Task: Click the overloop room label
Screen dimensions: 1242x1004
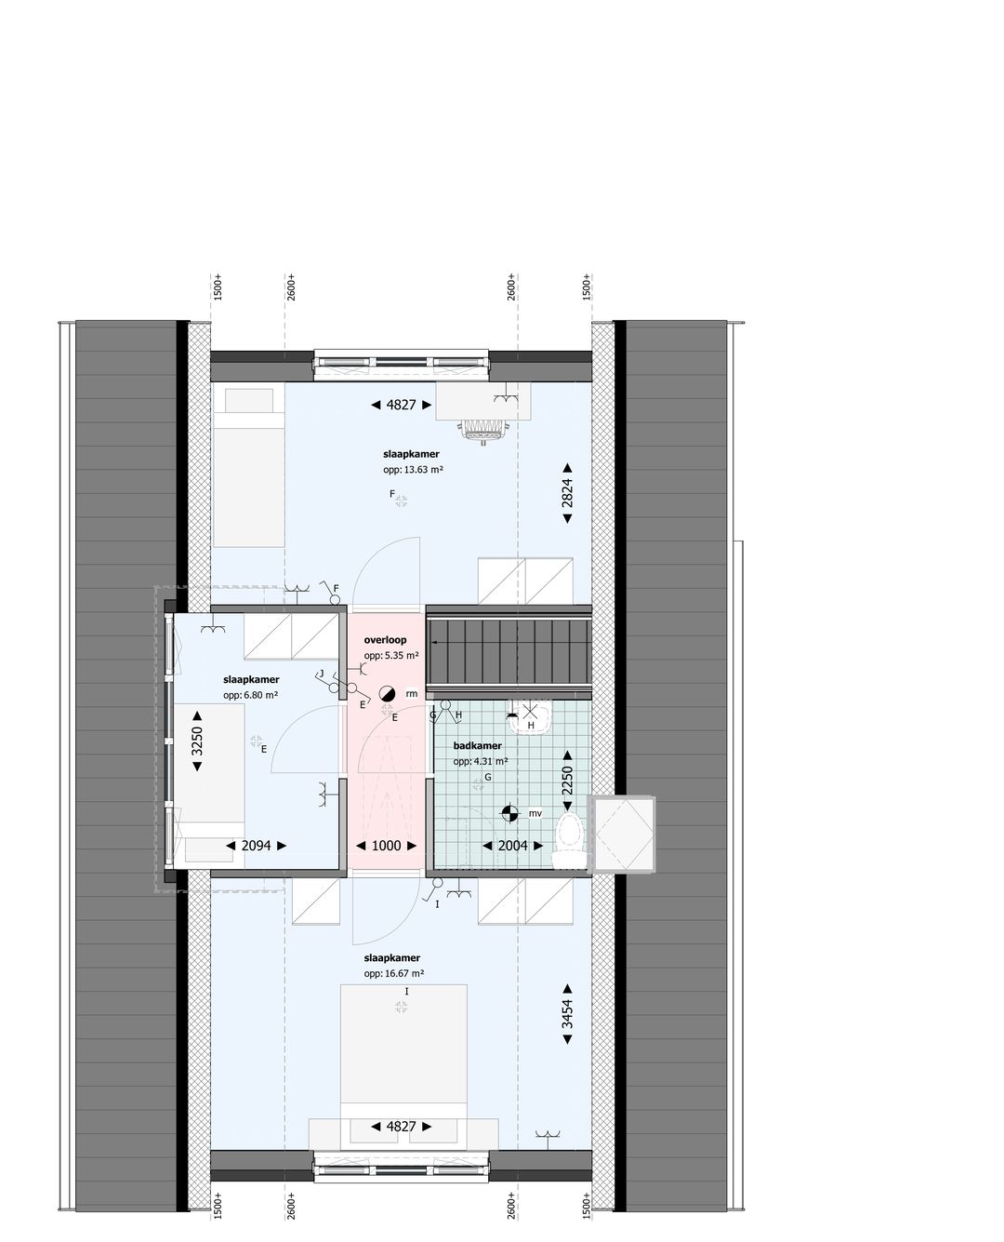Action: pyautogui.click(x=385, y=640)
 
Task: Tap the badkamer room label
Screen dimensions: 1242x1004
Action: pyautogui.click(x=478, y=746)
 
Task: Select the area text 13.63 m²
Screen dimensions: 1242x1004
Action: pyautogui.click(x=413, y=470)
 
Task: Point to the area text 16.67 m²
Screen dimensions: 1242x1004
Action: pyautogui.click(x=394, y=973)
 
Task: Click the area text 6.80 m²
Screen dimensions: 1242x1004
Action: pyautogui.click(x=250, y=695)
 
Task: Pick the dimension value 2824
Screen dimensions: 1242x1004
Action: pyautogui.click(x=567, y=494)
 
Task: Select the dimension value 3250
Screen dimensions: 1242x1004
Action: pyautogui.click(x=197, y=741)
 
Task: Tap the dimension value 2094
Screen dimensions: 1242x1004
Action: pyautogui.click(x=256, y=846)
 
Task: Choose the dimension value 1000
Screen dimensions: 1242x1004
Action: pyautogui.click(x=386, y=846)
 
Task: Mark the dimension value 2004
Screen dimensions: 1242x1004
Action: pyautogui.click(x=512, y=846)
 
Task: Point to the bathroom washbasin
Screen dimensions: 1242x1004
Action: pyautogui.click(x=531, y=720)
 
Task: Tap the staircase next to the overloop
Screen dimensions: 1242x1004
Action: pyautogui.click(x=509, y=648)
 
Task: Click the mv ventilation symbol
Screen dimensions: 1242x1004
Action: pyautogui.click(x=509, y=813)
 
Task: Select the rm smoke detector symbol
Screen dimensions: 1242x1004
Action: pyautogui.click(x=388, y=694)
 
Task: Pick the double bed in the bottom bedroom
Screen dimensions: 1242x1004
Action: pyautogui.click(x=403, y=1051)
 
